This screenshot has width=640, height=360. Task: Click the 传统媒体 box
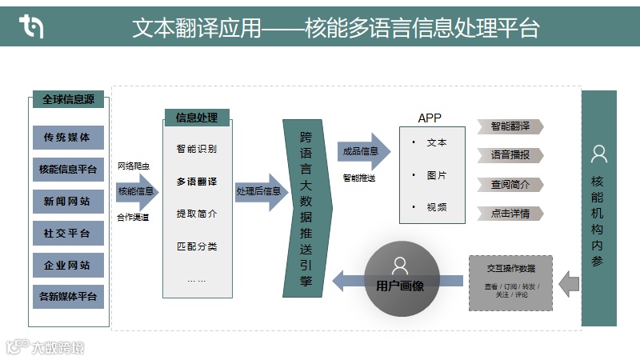pyautogui.click(x=68, y=138)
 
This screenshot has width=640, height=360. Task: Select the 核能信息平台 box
pyautogui.click(x=68, y=170)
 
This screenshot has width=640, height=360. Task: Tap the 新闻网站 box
pyautogui.click(x=68, y=202)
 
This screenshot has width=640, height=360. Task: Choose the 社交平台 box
pyautogui.click(x=68, y=234)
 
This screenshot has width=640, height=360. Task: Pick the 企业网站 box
pyautogui.click(x=68, y=266)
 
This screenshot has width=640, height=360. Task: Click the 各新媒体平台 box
pyautogui.click(x=68, y=298)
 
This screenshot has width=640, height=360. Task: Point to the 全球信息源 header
pyautogui.click(x=68, y=100)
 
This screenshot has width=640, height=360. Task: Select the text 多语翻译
pyautogui.click(x=197, y=182)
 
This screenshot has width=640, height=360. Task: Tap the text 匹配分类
pyautogui.click(x=197, y=246)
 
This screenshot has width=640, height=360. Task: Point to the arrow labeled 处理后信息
pyautogui.click(x=261, y=192)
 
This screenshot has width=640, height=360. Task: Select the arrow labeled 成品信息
pyautogui.click(x=363, y=151)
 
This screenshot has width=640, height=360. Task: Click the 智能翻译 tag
pyautogui.click(x=510, y=126)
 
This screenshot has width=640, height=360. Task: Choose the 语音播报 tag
pyautogui.click(x=510, y=155)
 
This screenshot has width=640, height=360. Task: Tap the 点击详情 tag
pyautogui.click(x=510, y=214)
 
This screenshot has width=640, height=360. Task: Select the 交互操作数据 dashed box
pyautogui.click(x=511, y=282)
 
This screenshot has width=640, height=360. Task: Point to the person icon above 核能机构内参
pyautogui.click(x=598, y=153)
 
